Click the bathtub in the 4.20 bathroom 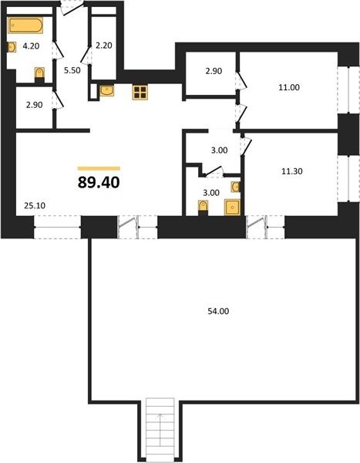(25, 25)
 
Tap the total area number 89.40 (99, 182)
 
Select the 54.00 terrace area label (218, 311)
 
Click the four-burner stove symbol (140, 93)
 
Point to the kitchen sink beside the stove (107, 91)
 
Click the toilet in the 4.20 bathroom (39, 74)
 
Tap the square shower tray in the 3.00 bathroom (232, 207)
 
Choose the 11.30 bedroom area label (291, 171)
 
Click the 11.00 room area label (289, 87)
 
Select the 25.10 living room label (35, 205)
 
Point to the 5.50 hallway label (72, 70)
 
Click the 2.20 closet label (104, 46)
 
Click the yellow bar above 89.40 (99, 168)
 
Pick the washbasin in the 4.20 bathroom (12, 47)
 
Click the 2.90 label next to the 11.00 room (214, 71)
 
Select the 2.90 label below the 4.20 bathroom (34, 105)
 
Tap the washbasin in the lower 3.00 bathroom (236, 187)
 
